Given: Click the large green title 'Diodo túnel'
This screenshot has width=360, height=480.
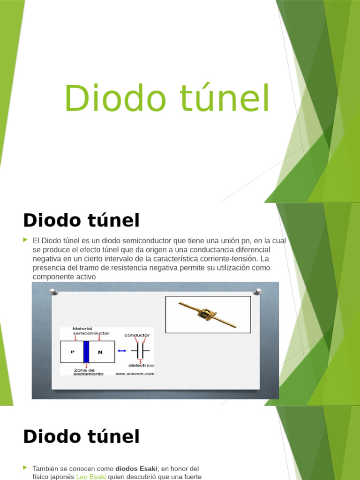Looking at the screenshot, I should point(167,98).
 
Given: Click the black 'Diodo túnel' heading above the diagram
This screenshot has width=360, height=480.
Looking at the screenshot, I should point(81,220).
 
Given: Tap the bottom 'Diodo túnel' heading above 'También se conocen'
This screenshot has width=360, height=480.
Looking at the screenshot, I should point(81,436).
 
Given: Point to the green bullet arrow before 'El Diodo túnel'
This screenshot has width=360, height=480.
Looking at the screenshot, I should point(26,240).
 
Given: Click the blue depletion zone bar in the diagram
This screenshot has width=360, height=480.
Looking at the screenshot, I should point(86,352).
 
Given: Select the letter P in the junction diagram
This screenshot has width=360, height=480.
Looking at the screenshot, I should point(72,352).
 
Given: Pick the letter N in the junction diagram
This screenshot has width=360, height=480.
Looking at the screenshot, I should point(100,352).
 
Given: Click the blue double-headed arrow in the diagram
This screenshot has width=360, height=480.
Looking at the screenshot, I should point(122,351).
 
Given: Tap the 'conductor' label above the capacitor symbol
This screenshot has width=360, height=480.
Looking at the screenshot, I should point(137,335).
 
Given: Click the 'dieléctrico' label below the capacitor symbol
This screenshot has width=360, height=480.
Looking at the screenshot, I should point(141,365).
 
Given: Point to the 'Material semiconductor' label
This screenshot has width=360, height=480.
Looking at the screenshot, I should point(90,331).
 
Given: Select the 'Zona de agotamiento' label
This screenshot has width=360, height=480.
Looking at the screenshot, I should point(88,372).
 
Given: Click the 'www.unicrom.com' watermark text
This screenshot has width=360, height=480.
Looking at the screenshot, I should point(134,374).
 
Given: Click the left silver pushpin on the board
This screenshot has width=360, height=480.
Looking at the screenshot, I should point(53,292).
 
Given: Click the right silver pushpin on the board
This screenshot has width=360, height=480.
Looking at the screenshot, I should point(257,292).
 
